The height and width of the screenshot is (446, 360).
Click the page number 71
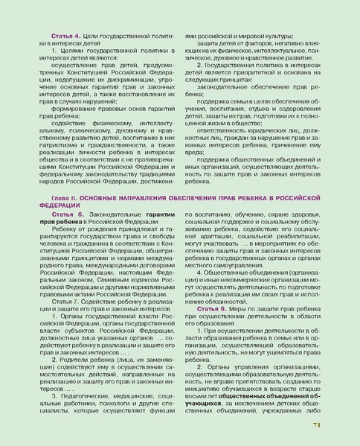316,425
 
